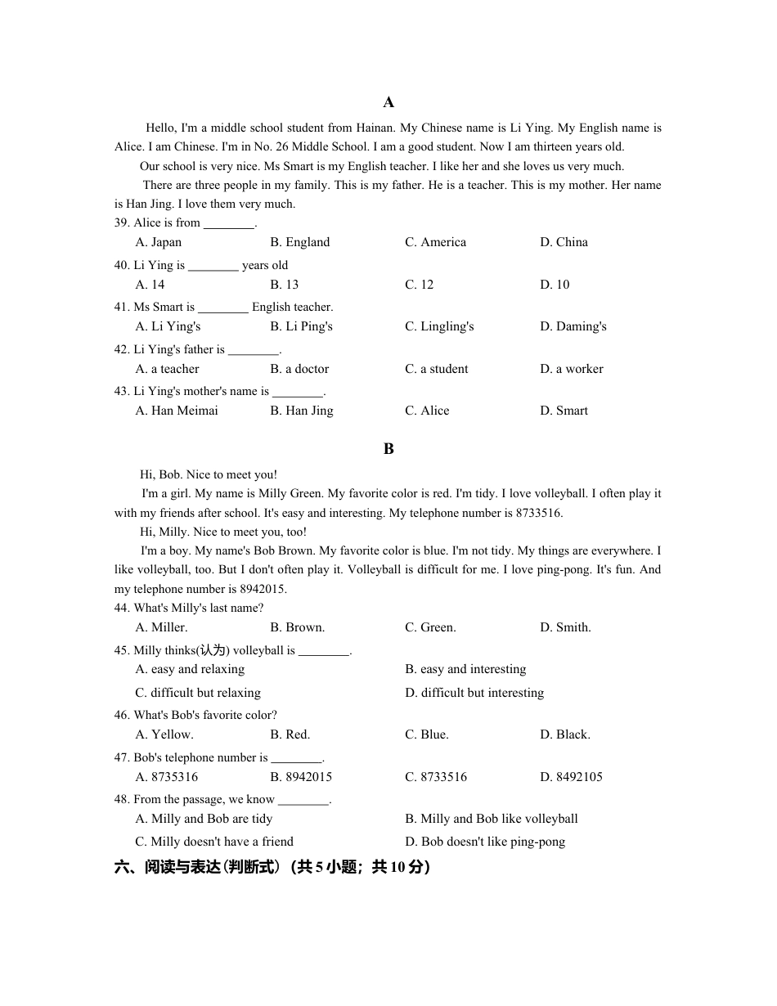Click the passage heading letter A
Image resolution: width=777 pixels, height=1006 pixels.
tap(388, 102)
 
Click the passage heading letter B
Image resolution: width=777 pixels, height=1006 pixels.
tap(388, 449)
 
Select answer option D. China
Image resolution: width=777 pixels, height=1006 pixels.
tap(564, 242)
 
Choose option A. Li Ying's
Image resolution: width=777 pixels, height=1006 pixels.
tap(168, 326)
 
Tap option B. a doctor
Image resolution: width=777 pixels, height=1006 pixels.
tap(299, 369)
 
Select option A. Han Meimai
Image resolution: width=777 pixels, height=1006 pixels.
tap(177, 411)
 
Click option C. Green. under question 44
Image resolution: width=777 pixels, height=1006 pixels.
tap(430, 627)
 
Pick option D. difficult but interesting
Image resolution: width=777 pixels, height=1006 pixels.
tap(474, 693)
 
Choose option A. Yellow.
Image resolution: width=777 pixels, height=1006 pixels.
tap(164, 734)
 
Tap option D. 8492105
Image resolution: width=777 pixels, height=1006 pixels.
tap(571, 777)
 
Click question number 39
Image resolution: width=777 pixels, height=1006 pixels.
tap(122, 223)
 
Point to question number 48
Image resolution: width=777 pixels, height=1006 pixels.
tap(122, 799)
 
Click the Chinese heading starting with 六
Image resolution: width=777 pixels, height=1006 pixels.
tap(272, 867)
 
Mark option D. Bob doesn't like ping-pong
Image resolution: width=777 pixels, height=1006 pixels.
tap(485, 842)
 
